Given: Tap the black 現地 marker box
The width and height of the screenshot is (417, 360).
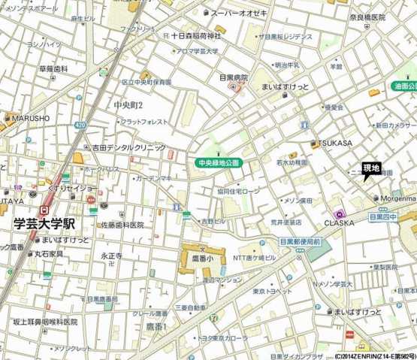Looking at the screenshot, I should [x=371, y=168].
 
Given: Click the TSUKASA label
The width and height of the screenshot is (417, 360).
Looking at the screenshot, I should [x=335, y=142].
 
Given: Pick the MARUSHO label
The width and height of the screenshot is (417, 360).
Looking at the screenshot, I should [x=30, y=118].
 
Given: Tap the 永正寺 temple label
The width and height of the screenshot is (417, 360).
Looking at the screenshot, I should [x=111, y=256].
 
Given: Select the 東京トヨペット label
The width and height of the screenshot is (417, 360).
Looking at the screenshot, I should [x=273, y=291].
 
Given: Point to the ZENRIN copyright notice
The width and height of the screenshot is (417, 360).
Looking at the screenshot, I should [x=373, y=355].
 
